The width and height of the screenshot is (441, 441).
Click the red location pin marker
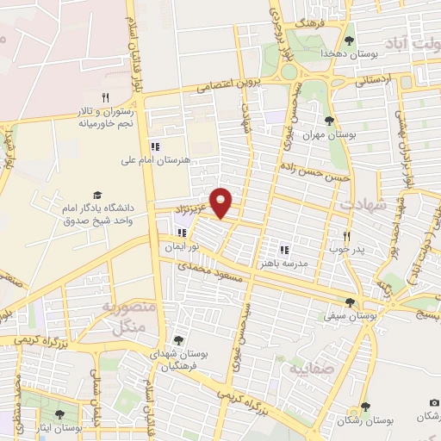pos(221,201)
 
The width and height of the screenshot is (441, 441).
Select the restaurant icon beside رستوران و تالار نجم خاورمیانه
pos(106,97)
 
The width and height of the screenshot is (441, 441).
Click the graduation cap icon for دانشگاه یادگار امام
pos(97,196)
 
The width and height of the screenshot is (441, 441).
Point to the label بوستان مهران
pos(328,135)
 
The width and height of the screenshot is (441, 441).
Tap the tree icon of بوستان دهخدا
pos(349,40)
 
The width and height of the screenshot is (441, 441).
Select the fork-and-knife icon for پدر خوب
pos(347,235)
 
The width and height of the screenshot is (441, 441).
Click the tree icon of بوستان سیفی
pos(350,301)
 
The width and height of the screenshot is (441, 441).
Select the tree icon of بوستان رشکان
pos(365,406)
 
